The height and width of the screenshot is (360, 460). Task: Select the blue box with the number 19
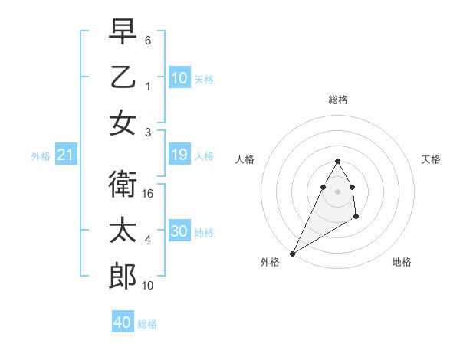pos(179,155)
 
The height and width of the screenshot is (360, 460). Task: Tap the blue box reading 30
pos(179,232)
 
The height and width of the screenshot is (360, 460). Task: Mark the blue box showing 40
pos(123,322)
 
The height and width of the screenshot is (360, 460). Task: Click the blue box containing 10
pos(179,78)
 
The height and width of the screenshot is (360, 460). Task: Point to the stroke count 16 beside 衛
pos(149,194)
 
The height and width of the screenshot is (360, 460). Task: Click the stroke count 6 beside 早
pos(148,39)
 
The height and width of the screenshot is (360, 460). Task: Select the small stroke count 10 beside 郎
pos(149,286)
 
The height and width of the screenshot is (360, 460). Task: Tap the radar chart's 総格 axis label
pos(337,100)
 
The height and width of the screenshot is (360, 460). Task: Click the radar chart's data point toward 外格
pos(292,253)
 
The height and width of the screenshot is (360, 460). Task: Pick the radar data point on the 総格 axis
pos(337,161)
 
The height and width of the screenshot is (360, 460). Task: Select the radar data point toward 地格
pos(356,218)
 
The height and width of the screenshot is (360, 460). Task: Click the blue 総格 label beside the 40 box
pos(147,324)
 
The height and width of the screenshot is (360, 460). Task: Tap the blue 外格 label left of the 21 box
pos(41,156)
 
